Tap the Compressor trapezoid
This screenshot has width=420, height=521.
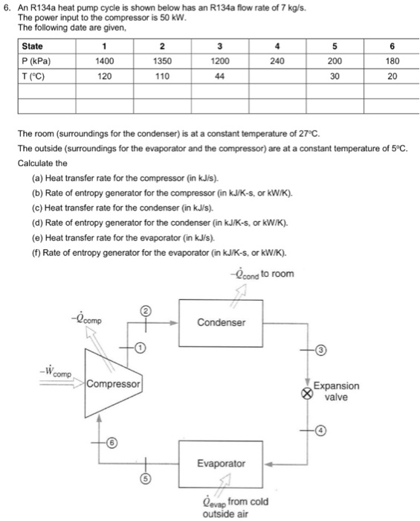pos(112,385)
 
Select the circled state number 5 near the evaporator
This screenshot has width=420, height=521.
pos(146,479)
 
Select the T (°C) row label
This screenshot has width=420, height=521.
pos(35,77)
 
